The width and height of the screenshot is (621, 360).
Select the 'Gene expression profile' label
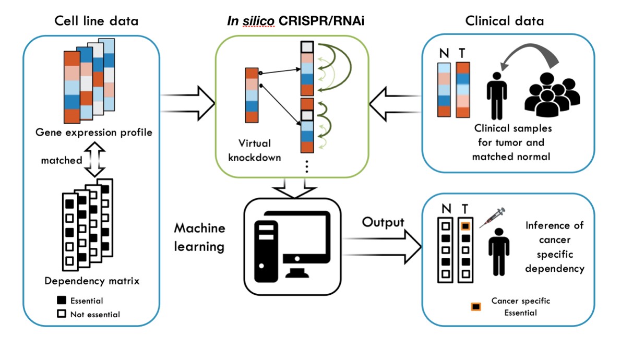tap(94, 132)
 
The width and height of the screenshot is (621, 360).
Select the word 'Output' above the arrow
tap(384, 222)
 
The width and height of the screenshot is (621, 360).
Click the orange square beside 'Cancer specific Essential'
tap(476, 307)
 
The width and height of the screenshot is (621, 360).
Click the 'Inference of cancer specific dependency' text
tap(554, 247)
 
